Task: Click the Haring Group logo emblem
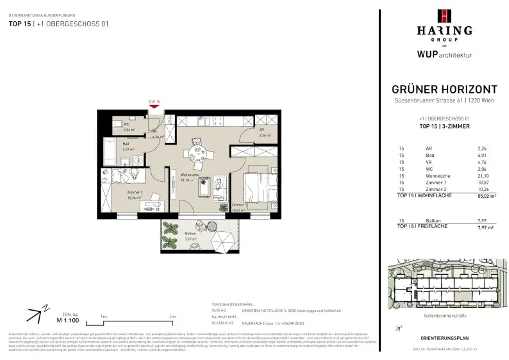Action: (444, 16)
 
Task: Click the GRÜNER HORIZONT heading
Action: (444, 90)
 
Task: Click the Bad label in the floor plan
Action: (126, 144)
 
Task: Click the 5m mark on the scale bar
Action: (172, 316)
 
